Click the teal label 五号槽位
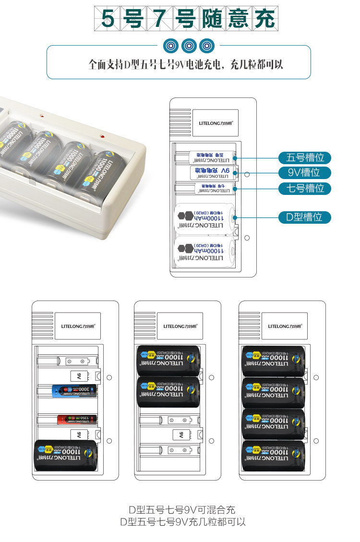click(305, 157)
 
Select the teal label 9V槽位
click(305, 172)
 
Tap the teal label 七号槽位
click(305, 188)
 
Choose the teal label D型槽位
click(305, 217)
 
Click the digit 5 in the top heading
click(108, 20)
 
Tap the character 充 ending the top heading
click(265, 20)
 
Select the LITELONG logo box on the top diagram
click(216, 123)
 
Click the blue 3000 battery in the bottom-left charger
click(74, 391)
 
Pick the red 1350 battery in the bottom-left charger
click(77, 419)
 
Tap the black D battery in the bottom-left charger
click(66, 457)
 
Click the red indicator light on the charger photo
click(102, 137)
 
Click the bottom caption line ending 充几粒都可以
click(182, 522)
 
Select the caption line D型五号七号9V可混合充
click(182, 510)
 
